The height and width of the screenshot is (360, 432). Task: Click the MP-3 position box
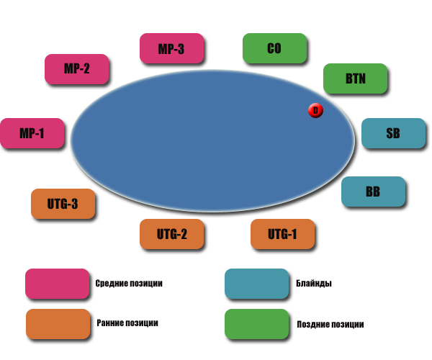171,48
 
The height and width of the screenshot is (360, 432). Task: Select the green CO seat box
274,48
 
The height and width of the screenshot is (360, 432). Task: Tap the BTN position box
355,78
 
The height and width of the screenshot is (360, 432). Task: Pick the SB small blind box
392,133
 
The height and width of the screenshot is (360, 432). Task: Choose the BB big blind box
372,192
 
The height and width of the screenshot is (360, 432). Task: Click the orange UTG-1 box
282,233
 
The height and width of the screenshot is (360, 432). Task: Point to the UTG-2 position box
171,233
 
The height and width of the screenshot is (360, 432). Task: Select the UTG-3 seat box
63,204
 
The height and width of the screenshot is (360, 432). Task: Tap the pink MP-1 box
32,133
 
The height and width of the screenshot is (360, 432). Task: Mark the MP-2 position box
76,69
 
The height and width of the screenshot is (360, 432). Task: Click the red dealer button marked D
315,110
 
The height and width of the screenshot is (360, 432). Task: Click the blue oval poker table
209,144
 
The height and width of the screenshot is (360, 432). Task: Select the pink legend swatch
57,284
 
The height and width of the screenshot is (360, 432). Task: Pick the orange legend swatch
57,324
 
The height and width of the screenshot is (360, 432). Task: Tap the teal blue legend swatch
256,284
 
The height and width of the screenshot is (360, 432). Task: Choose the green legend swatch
256,324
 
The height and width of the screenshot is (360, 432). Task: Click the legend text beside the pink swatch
130,283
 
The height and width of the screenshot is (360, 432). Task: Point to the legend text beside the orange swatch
127,323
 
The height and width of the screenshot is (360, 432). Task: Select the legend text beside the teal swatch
314,283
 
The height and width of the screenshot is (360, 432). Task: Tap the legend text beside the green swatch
330,324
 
